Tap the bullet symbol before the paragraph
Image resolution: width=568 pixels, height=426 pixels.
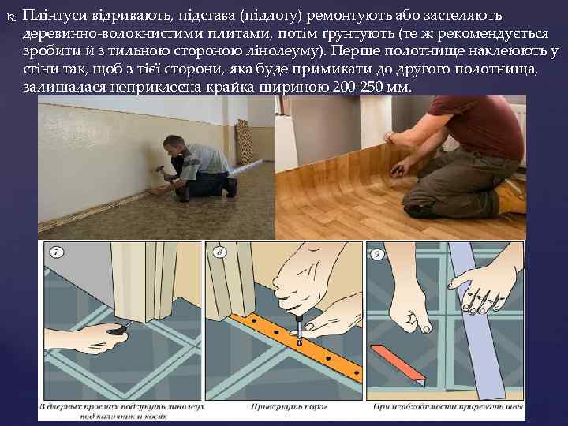(x=10, y=17)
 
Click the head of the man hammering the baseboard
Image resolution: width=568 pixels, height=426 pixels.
(x=171, y=144)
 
